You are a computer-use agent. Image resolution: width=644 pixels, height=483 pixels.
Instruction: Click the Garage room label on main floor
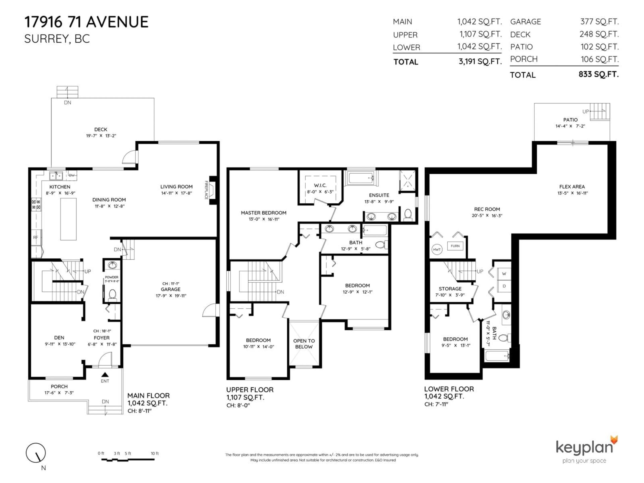click(171, 289)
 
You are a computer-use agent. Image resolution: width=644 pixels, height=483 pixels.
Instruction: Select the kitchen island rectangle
click(68, 219)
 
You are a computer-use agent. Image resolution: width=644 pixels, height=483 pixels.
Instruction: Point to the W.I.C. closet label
click(320, 185)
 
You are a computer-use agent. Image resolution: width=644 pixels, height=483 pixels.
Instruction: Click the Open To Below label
click(304, 343)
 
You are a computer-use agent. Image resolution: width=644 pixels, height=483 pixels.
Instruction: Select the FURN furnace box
click(455, 246)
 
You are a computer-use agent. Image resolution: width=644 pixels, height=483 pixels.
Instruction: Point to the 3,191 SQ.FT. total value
click(480, 61)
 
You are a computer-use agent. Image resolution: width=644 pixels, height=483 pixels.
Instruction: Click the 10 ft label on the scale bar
click(155, 453)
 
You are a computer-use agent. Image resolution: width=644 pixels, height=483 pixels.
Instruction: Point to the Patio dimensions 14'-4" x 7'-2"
click(570, 126)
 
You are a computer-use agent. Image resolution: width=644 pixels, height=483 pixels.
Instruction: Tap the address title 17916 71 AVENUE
click(87, 22)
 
